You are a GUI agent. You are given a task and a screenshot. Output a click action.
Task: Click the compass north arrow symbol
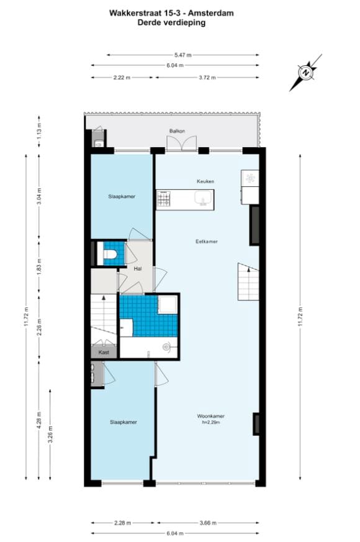pyautogui.click(x=306, y=73)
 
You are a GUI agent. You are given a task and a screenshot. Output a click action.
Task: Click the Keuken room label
pyautogui.click(x=205, y=181)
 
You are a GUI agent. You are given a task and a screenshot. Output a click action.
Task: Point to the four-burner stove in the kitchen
pyautogui.click(x=164, y=198)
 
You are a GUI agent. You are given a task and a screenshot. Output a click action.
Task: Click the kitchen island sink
pyautogui.click(x=203, y=198)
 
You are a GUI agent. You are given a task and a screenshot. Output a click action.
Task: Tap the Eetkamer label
pyautogui.click(x=207, y=242)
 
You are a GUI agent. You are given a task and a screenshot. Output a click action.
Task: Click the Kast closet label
pyautogui.click(x=103, y=352)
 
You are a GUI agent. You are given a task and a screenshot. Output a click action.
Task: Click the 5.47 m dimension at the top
pyautogui.click(x=182, y=55)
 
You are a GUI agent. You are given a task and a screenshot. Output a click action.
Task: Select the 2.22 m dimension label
pyautogui.click(x=122, y=78)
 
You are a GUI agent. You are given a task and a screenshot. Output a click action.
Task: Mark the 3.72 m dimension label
pyautogui.click(x=207, y=78)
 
